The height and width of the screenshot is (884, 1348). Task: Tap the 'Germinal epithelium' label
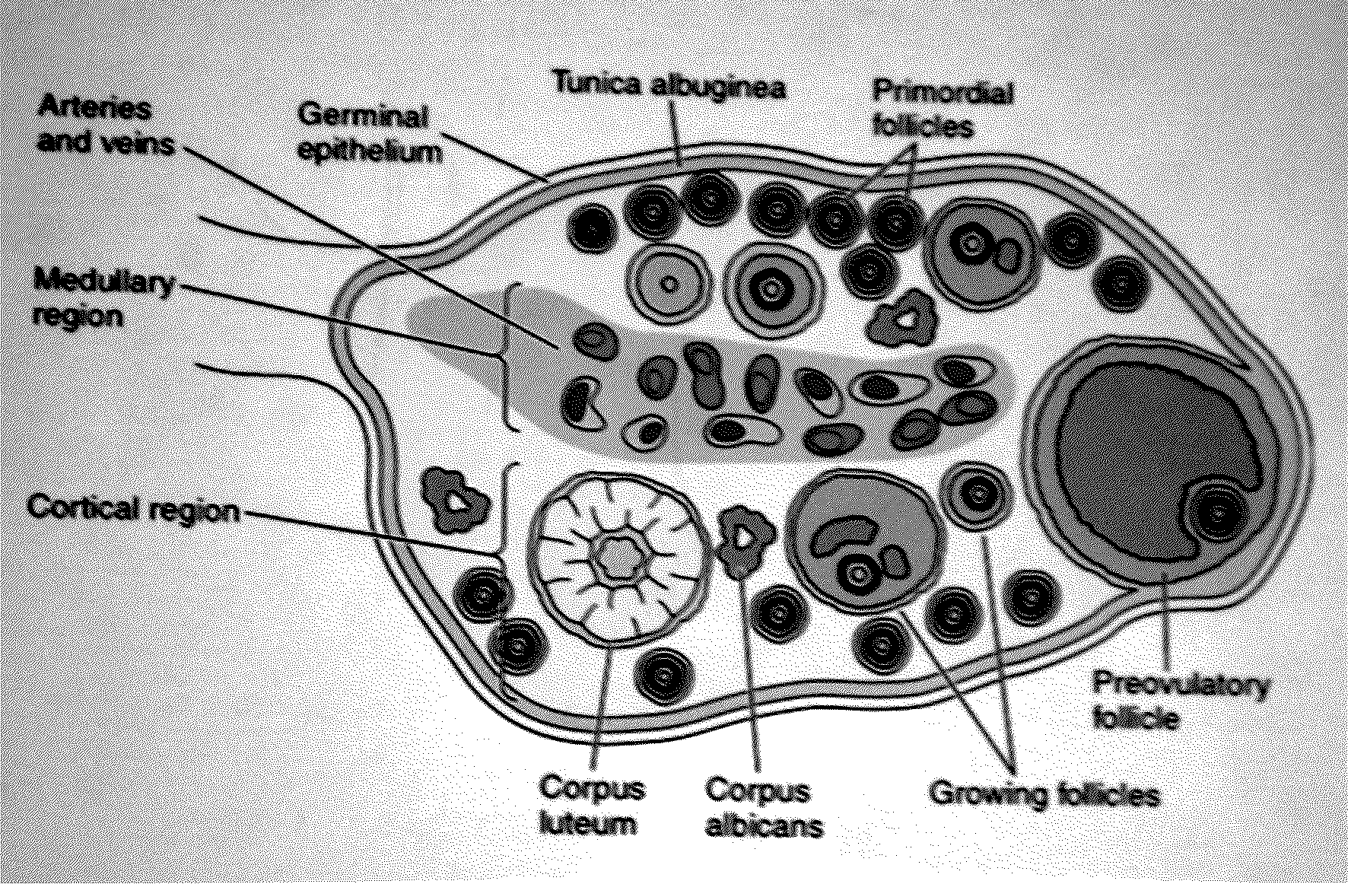[368, 132]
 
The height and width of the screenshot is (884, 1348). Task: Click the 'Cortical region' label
[133, 507]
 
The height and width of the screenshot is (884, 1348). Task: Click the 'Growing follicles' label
[1044, 794]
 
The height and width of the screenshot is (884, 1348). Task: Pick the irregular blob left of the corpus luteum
[454, 501]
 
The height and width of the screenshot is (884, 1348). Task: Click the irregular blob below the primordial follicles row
[904, 320]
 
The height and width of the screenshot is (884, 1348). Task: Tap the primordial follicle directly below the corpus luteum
[666, 673]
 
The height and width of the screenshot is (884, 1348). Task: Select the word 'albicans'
[764, 826]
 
